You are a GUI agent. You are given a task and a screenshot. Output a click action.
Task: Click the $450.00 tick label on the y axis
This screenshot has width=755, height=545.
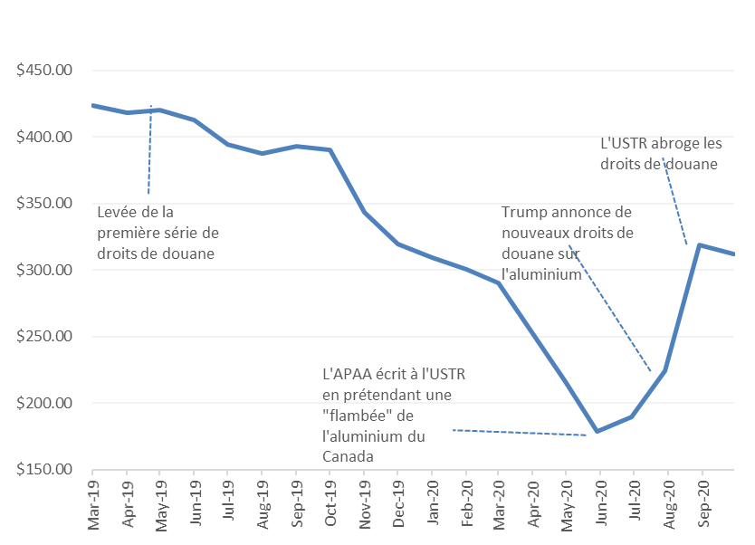[44, 71]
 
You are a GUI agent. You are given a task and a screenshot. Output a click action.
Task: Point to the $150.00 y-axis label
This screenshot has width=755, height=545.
[44, 470]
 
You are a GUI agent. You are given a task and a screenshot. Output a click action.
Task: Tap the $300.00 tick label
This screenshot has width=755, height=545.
[44, 270]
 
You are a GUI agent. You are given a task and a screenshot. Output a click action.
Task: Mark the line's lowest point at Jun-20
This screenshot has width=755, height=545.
[597, 431]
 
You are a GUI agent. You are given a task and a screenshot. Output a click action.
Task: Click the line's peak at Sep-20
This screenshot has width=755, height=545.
[699, 245]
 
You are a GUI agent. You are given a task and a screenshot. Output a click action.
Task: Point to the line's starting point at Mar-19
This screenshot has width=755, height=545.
[93, 105]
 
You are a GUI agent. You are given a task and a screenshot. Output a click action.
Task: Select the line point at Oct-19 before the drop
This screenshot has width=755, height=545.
[330, 150]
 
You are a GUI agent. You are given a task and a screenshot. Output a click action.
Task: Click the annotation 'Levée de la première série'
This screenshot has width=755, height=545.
[156, 233]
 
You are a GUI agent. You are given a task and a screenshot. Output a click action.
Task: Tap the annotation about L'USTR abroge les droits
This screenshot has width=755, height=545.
[659, 154]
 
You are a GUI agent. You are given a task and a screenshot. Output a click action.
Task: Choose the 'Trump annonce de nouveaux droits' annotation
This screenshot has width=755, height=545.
[567, 243]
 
